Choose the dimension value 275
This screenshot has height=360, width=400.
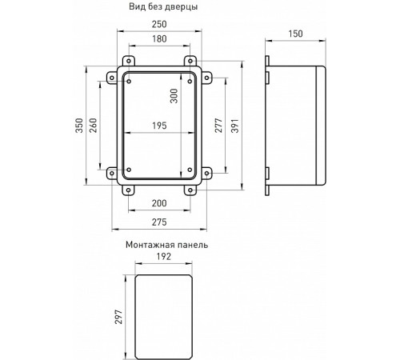[x=161, y=222]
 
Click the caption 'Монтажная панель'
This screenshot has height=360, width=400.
[x=166, y=245]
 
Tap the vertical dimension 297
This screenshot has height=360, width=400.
[x=120, y=311]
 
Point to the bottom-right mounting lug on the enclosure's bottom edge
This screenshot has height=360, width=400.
[x=191, y=190]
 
